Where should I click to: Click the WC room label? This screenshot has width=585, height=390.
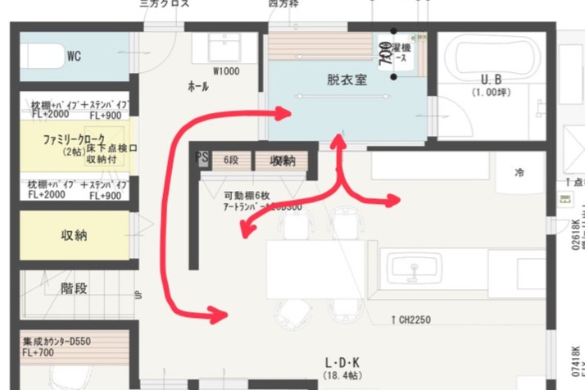74,57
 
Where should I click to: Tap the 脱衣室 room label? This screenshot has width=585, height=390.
346,79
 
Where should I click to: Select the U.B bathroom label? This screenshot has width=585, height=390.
491,79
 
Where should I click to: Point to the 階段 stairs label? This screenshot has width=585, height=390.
74,289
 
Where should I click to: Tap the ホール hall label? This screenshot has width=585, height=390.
197,86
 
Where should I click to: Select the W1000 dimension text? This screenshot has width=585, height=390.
226,71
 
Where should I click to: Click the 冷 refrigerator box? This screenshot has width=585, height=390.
519,173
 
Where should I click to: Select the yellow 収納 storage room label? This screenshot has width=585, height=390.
74,236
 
